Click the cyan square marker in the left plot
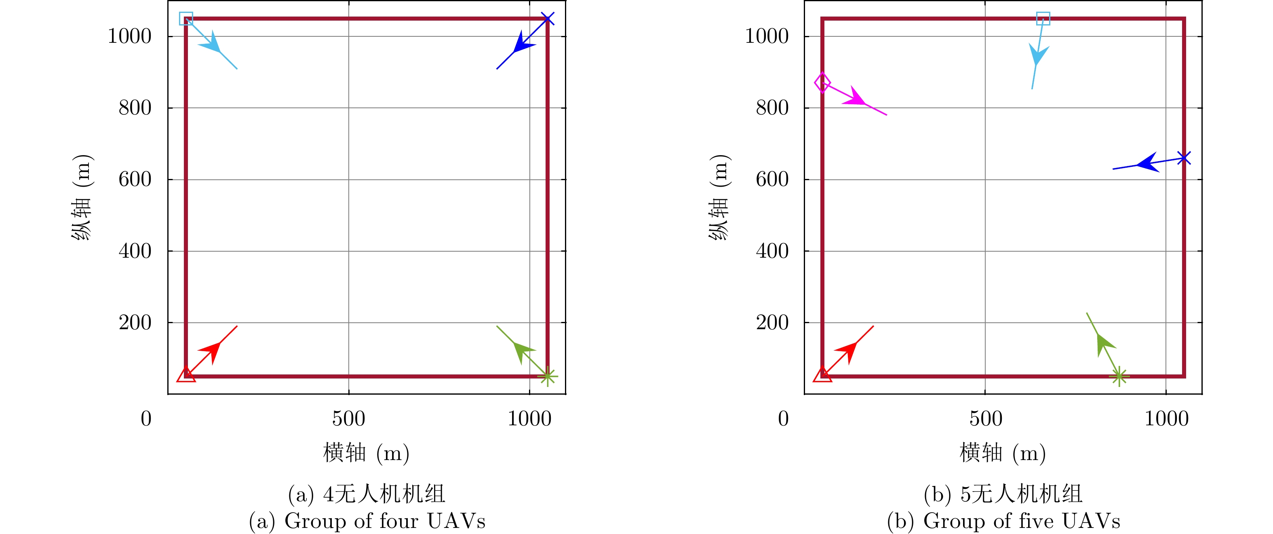tap(186, 19)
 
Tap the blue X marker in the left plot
tap(548, 19)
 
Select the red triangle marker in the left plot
tap(186, 375)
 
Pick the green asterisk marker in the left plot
tap(548, 376)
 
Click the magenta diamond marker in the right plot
tap(822, 82)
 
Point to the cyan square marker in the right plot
tap(1043, 19)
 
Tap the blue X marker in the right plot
tap(1184, 158)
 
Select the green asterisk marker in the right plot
tap(1119, 376)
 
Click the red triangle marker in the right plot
tap(822, 375)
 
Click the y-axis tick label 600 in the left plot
tap(135, 179)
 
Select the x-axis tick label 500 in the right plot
tap(985, 419)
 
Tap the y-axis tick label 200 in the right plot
tap(772, 323)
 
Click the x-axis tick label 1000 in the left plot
tap(529, 419)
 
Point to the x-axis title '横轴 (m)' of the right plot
tap(1003, 453)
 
